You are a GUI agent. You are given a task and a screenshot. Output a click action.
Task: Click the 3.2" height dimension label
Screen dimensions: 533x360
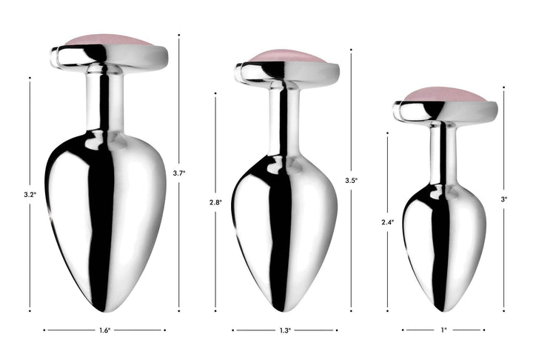pyautogui.click(x=30, y=195)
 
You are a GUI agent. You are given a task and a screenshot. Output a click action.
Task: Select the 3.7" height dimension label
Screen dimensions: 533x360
pyautogui.click(x=179, y=173)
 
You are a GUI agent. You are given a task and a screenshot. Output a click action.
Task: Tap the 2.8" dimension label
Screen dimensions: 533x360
pyautogui.click(x=215, y=202)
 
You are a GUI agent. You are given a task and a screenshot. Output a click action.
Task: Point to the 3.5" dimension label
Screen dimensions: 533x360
pyautogui.click(x=351, y=180)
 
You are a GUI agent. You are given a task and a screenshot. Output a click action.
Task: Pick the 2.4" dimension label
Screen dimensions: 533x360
pyautogui.click(x=387, y=222)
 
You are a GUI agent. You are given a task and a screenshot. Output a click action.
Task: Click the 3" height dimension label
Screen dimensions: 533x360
pyautogui.click(x=504, y=199)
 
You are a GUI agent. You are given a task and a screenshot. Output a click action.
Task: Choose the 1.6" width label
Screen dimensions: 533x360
pyautogui.click(x=104, y=330)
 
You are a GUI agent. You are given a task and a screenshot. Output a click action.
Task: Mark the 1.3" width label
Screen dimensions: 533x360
pyautogui.click(x=285, y=330)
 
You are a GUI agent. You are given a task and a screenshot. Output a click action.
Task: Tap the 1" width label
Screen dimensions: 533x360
pyautogui.click(x=443, y=330)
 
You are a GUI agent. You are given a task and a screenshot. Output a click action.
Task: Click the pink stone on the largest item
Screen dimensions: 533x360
pyautogui.click(x=108, y=40)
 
